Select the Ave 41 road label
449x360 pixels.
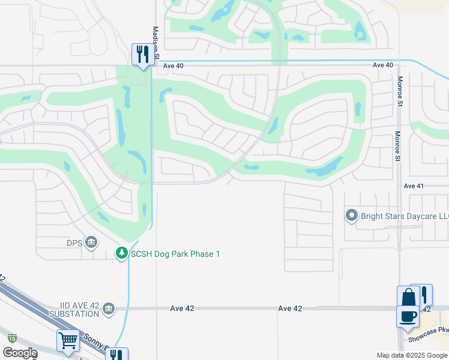click(414, 187)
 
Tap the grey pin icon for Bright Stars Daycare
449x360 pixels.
click(352, 215)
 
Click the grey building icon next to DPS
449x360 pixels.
click(91, 242)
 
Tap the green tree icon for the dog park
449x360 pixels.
click(122, 254)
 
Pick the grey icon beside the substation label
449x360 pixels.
click(109, 309)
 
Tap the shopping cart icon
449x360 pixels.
click(68, 341)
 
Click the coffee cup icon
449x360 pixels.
click(407, 316)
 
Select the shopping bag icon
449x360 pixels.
click(408, 297)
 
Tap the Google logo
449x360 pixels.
click(20, 353)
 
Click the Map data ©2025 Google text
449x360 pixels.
click(411, 355)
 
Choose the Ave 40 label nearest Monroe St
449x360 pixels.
click(382, 65)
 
